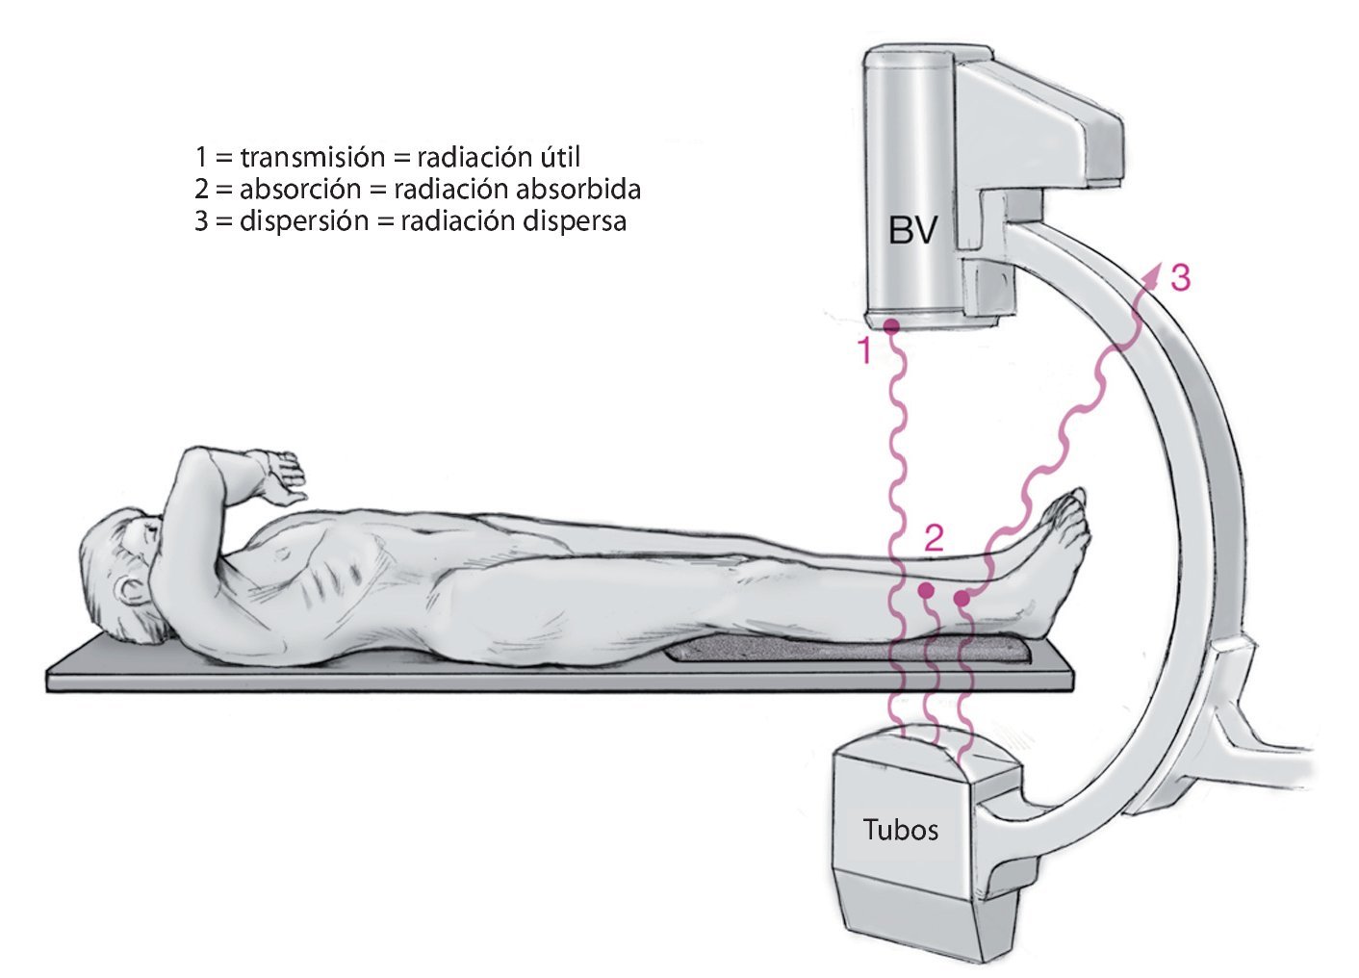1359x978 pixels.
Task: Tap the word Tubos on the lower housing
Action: click(x=900, y=829)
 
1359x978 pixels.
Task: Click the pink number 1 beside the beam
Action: click(x=863, y=351)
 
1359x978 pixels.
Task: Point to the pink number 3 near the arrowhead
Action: click(x=1180, y=278)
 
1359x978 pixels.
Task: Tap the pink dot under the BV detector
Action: click(x=891, y=325)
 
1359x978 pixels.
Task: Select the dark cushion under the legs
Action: click(x=847, y=652)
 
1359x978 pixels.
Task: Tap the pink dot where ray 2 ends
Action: click(x=927, y=589)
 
